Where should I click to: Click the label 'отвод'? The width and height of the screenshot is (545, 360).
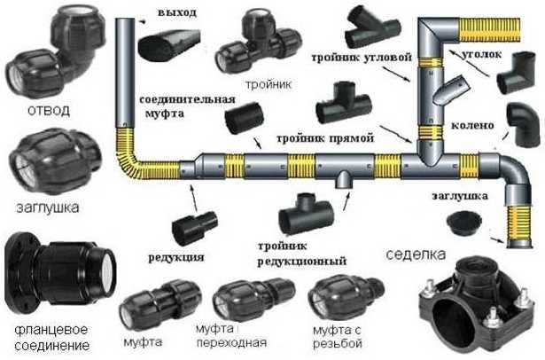(49, 110)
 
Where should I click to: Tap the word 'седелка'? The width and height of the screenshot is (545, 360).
(416, 254)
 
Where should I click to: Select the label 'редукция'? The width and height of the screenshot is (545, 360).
(176, 258)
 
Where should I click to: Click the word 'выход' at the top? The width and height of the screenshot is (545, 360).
(177, 12)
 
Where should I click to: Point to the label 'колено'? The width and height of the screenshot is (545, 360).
(472, 125)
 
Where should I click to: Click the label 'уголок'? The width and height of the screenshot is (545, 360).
(482, 54)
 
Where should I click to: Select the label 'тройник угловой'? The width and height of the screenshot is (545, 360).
(362, 58)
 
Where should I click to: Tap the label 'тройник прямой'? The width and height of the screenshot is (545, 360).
(325, 138)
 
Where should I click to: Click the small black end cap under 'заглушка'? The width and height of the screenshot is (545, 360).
(464, 223)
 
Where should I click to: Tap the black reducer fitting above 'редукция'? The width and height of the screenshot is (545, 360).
(195, 228)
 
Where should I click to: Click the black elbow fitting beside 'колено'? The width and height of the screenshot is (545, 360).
(524, 125)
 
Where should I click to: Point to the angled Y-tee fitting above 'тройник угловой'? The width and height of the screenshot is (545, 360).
(372, 27)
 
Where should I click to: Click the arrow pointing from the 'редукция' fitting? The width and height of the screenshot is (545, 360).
(193, 198)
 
